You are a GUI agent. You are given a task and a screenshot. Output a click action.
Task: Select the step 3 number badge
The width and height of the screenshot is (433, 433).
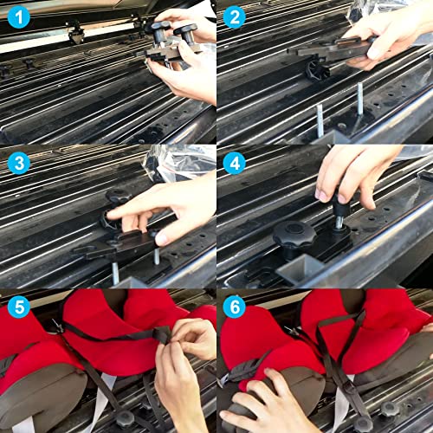[17, 162]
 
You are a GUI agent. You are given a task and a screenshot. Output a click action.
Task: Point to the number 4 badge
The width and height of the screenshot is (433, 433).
[235, 162]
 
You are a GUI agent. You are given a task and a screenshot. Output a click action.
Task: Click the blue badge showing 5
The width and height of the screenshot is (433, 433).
[17, 306]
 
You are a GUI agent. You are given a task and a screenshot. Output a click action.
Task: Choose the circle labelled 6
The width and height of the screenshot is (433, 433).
[235, 306]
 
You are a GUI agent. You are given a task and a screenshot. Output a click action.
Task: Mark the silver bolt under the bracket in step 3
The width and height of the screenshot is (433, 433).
[114, 272]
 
